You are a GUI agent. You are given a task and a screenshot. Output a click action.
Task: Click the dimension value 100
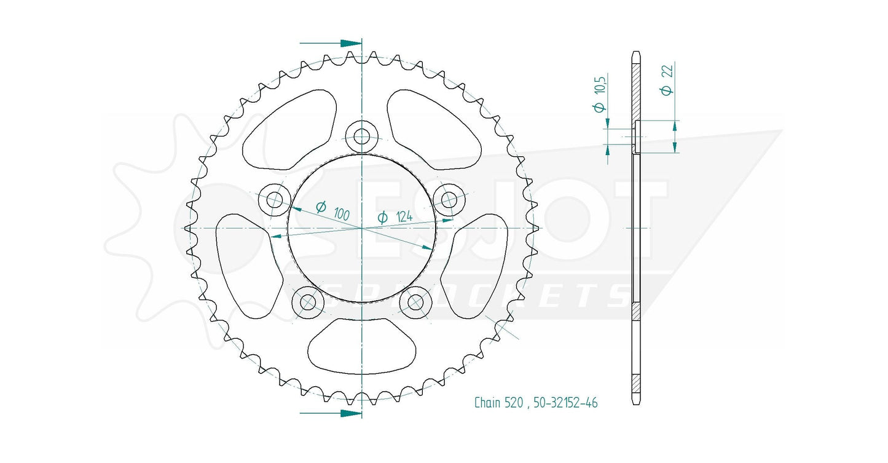pos(341,213)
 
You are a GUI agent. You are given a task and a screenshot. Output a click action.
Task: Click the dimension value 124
pos(404,216)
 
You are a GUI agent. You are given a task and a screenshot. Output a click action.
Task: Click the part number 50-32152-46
pos(565,403)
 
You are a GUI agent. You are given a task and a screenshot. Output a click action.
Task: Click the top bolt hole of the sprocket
pos(361,137)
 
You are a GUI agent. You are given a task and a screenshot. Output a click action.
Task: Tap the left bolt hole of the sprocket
pos(274,200)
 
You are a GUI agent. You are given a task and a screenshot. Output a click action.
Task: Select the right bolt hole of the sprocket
pos(449,200)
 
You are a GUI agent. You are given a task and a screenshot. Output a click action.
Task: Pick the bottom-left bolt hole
pos(308,303)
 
